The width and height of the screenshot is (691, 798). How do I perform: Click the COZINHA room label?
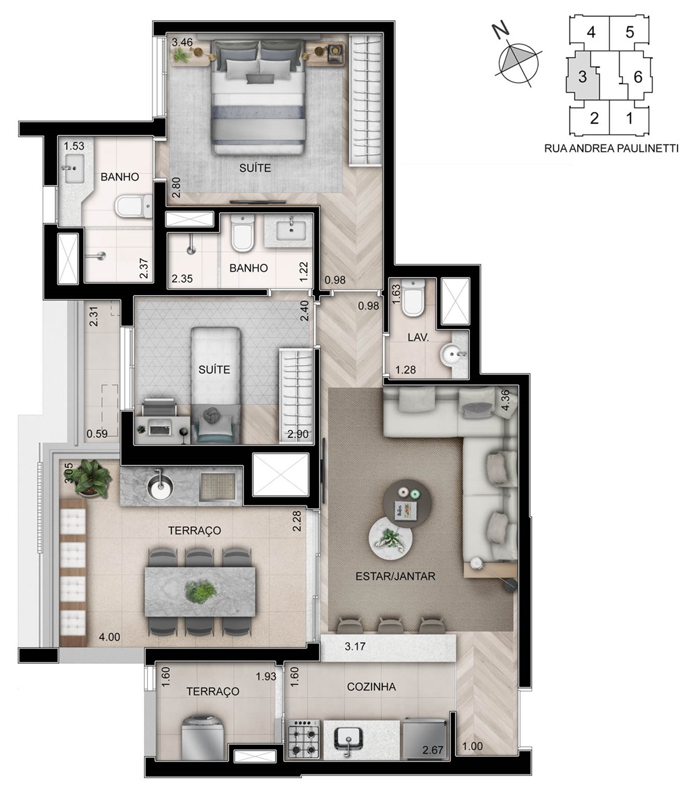point(371,687)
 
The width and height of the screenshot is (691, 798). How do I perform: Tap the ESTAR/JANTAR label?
point(395,577)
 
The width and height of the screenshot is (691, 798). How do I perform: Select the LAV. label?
point(418,337)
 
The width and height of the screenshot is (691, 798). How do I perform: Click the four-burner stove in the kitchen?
point(304,739)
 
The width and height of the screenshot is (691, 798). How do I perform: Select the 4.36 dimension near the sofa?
point(505,400)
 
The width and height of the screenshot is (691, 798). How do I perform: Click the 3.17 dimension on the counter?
point(355,647)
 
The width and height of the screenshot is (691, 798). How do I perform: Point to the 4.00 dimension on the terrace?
point(109,637)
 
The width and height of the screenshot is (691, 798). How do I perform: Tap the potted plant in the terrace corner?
point(90,477)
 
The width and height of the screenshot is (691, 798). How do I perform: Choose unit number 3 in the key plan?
point(582,77)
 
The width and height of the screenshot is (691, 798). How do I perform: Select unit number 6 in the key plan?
point(638,77)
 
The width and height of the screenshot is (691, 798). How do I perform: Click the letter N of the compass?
point(502,31)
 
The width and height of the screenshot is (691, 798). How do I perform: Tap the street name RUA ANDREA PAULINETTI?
point(611,148)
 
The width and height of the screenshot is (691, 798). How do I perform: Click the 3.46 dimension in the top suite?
point(182,42)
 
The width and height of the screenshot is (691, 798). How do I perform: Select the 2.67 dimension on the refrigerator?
point(433,750)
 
